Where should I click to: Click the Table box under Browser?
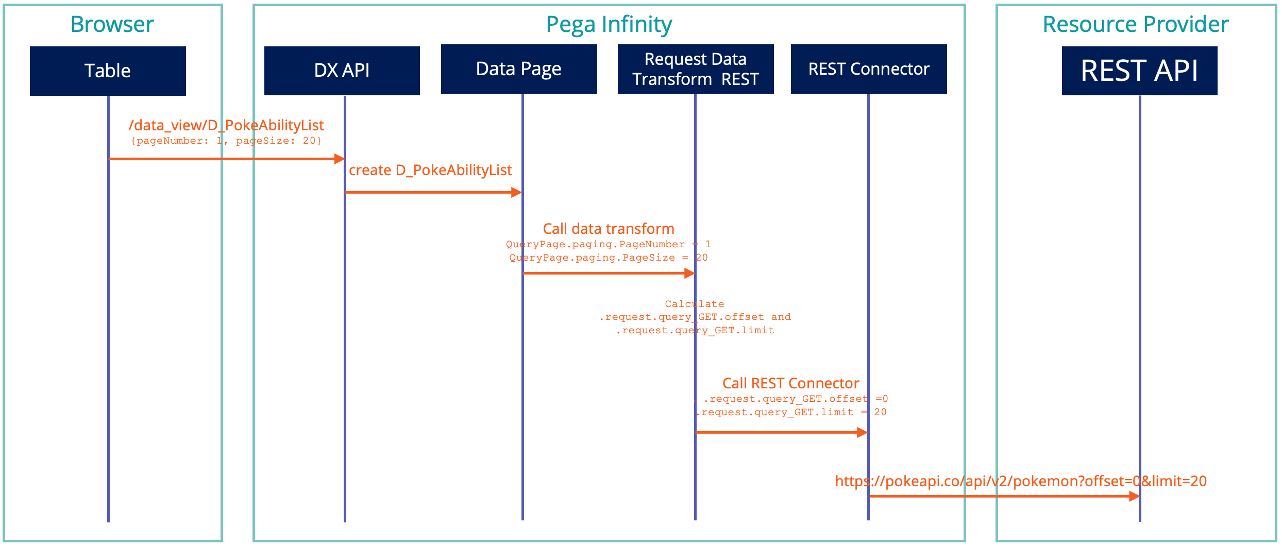[108, 71]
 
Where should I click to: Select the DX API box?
[342, 71]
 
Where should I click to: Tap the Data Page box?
[519, 69]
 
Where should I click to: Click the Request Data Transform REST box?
[696, 69]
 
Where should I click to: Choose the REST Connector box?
[869, 69]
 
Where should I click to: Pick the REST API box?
[1139, 71]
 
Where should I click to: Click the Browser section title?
[112, 24]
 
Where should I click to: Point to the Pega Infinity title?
[609, 24]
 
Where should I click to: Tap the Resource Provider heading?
[1136, 24]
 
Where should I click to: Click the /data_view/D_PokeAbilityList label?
[226, 125]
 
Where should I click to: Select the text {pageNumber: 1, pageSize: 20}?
[226, 141]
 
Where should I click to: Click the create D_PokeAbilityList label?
[430, 170]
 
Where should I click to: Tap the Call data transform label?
[609, 229]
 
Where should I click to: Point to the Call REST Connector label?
[790, 383]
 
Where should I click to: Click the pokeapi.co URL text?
[1021, 481]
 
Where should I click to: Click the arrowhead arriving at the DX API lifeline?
[339, 159]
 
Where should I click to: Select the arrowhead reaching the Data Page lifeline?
[516, 193]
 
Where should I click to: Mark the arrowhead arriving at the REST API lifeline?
[1134, 496]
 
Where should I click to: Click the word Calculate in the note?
[694, 304]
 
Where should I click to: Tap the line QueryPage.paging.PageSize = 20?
[609, 258]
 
